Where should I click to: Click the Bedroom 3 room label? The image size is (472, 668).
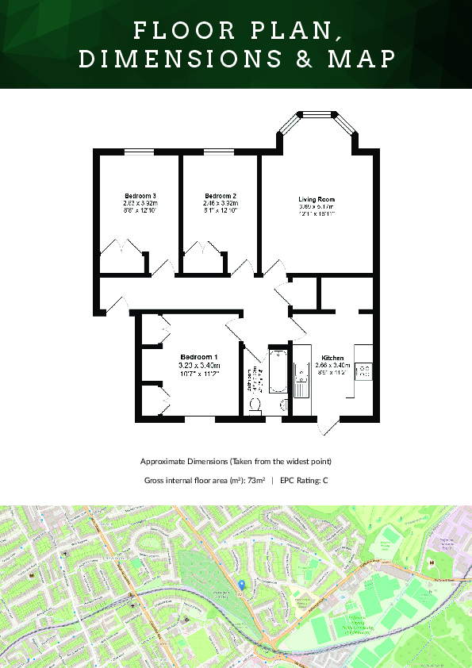click(140, 196)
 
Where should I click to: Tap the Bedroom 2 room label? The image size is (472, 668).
click(220, 196)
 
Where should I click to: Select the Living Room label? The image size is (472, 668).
click(317, 199)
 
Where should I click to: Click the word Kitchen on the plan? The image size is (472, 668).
click(332, 357)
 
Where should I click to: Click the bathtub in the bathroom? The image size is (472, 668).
click(277, 370)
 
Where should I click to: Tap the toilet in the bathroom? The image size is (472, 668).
click(255, 405)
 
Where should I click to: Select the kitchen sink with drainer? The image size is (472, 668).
click(301, 379)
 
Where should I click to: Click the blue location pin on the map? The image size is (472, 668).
click(241, 585)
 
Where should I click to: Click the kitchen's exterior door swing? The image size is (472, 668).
click(329, 426)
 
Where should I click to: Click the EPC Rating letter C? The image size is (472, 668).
click(325, 480)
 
